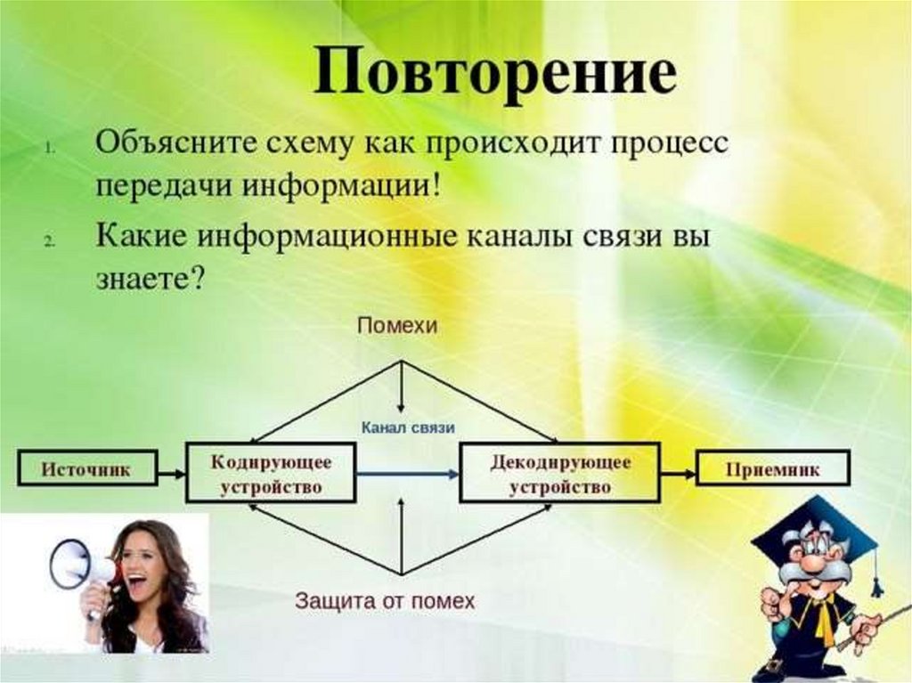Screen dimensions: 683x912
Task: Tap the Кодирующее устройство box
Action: point(271,475)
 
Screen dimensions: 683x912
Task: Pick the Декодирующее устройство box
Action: point(560,475)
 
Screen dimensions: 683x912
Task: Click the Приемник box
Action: point(772,468)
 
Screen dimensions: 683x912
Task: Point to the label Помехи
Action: point(397,326)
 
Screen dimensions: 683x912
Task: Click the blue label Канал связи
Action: point(408,428)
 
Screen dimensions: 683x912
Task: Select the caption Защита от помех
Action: point(385,600)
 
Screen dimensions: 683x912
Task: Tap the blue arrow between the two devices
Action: point(407,475)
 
